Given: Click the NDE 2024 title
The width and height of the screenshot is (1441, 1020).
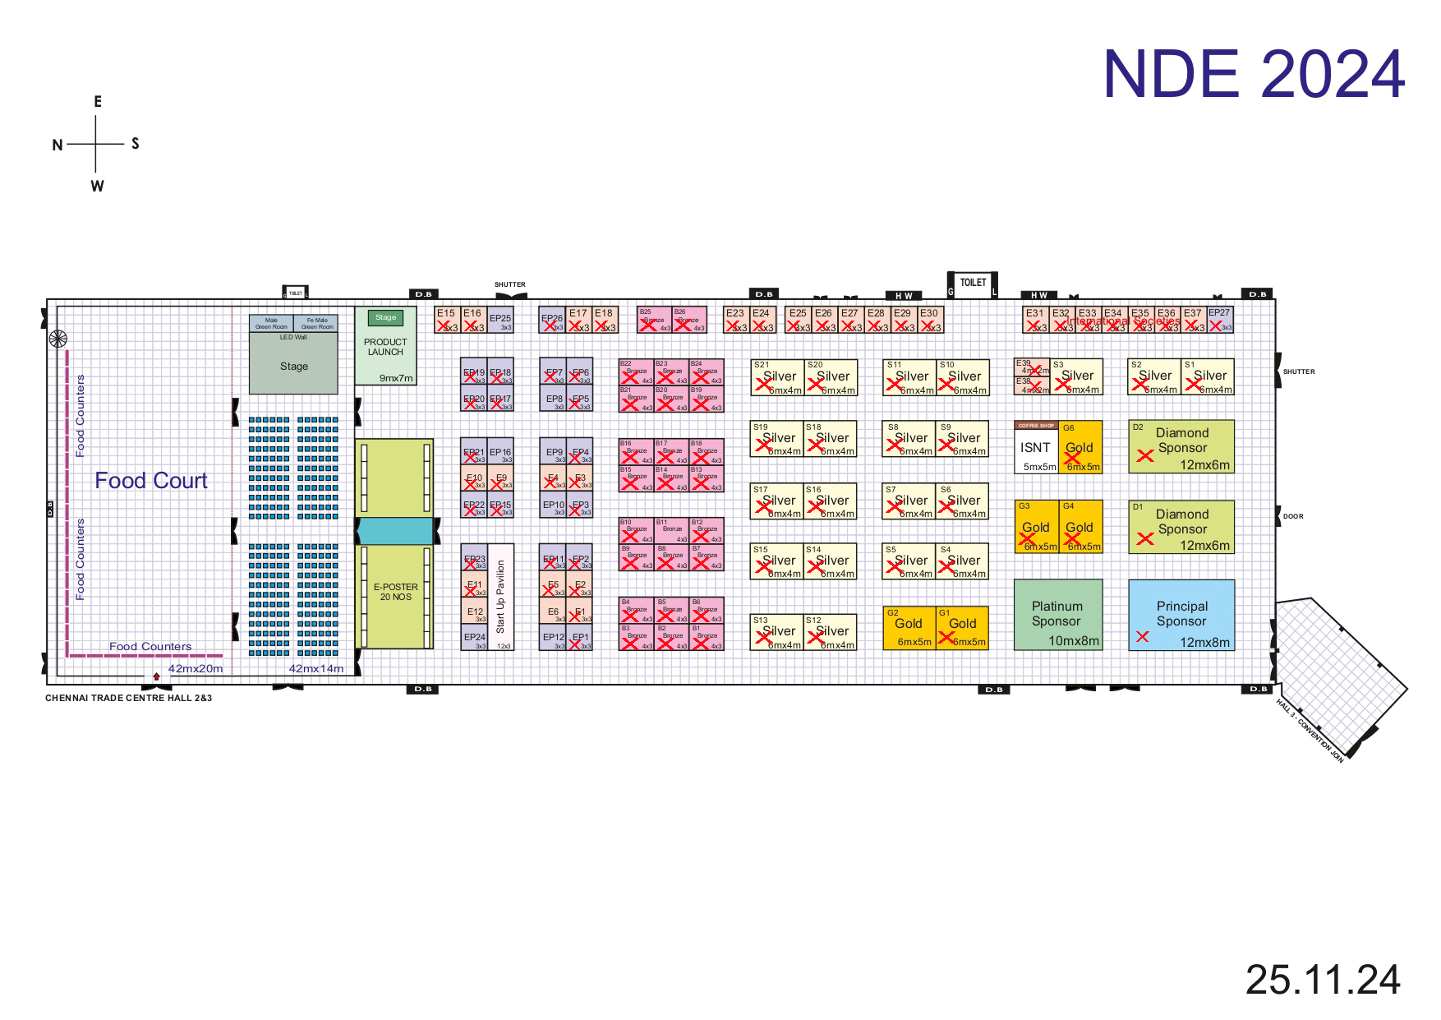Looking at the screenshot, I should pyautogui.click(x=1253, y=74).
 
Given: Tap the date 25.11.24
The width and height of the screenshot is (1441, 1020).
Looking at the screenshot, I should pyautogui.click(x=1322, y=980).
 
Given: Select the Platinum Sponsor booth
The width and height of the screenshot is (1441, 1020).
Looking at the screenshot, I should pyautogui.click(x=1057, y=616).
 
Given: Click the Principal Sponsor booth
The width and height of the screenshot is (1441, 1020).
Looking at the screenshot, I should pyautogui.click(x=1181, y=616).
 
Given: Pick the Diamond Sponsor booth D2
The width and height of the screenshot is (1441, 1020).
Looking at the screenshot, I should pyautogui.click(x=1181, y=446).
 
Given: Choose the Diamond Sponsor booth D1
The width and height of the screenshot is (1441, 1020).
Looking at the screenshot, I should pyautogui.click(x=1181, y=527).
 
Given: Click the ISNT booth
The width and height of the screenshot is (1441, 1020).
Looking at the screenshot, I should pyautogui.click(x=1036, y=449).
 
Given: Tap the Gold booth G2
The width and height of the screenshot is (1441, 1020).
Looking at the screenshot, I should pyautogui.click(x=909, y=629).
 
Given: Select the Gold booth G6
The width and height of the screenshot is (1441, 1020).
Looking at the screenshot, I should pyautogui.click(x=1080, y=449).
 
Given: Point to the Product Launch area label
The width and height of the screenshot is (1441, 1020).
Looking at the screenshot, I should pyautogui.click(x=385, y=347).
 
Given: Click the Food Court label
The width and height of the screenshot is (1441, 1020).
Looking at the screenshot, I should pyautogui.click(x=151, y=481).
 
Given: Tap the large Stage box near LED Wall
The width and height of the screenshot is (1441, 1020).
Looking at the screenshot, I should pyautogui.click(x=293, y=367).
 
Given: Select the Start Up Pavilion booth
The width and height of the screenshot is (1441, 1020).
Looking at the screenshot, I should pyautogui.click(x=500, y=597).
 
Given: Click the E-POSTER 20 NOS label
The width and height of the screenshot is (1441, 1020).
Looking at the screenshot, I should pyautogui.click(x=395, y=592).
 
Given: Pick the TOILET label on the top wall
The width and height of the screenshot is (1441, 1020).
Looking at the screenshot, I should pyautogui.click(x=973, y=283).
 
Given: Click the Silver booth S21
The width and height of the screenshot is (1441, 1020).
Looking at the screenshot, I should pyautogui.click(x=777, y=377).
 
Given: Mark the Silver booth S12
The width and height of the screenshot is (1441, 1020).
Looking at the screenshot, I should pyautogui.click(x=831, y=632).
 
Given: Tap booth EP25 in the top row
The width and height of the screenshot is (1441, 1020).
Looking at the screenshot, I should pyautogui.click(x=500, y=319).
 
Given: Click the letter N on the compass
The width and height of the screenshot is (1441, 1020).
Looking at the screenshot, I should pyautogui.click(x=58, y=145).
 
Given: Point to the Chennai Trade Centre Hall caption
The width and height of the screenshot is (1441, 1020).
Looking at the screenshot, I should pyautogui.click(x=128, y=698).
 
